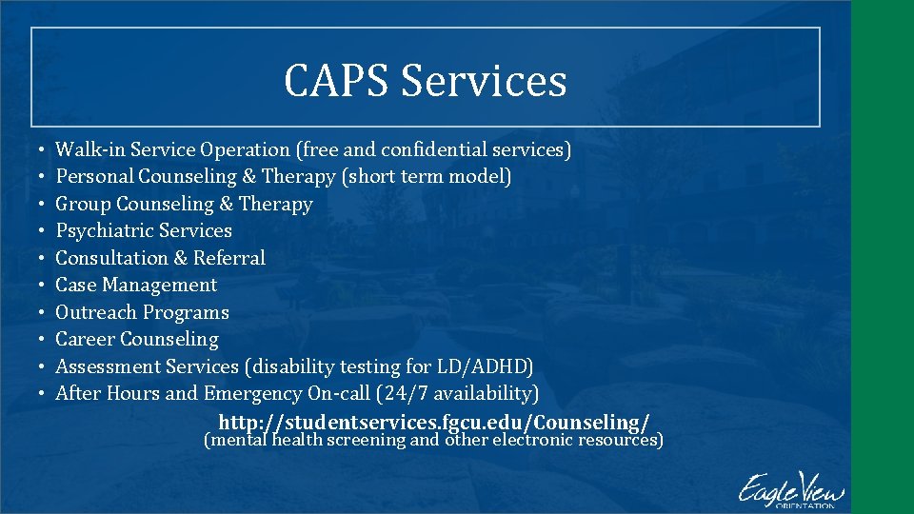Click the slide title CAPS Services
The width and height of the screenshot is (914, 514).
tap(425, 80)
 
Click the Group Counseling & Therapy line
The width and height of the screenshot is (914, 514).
tap(184, 204)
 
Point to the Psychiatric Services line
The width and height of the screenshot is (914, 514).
tap(144, 230)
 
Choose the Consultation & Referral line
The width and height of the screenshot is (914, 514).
tap(160, 258)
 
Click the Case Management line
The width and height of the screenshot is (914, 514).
tap(136, 285)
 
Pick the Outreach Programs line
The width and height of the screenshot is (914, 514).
tap(142, 312)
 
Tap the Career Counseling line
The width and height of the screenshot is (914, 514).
tap(137, 339)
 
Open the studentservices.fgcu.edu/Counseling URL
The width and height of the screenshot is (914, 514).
tap(434, 422)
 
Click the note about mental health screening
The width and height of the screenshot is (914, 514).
tap(434, 441)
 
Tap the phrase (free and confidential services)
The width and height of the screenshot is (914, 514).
tap(433, 149)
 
